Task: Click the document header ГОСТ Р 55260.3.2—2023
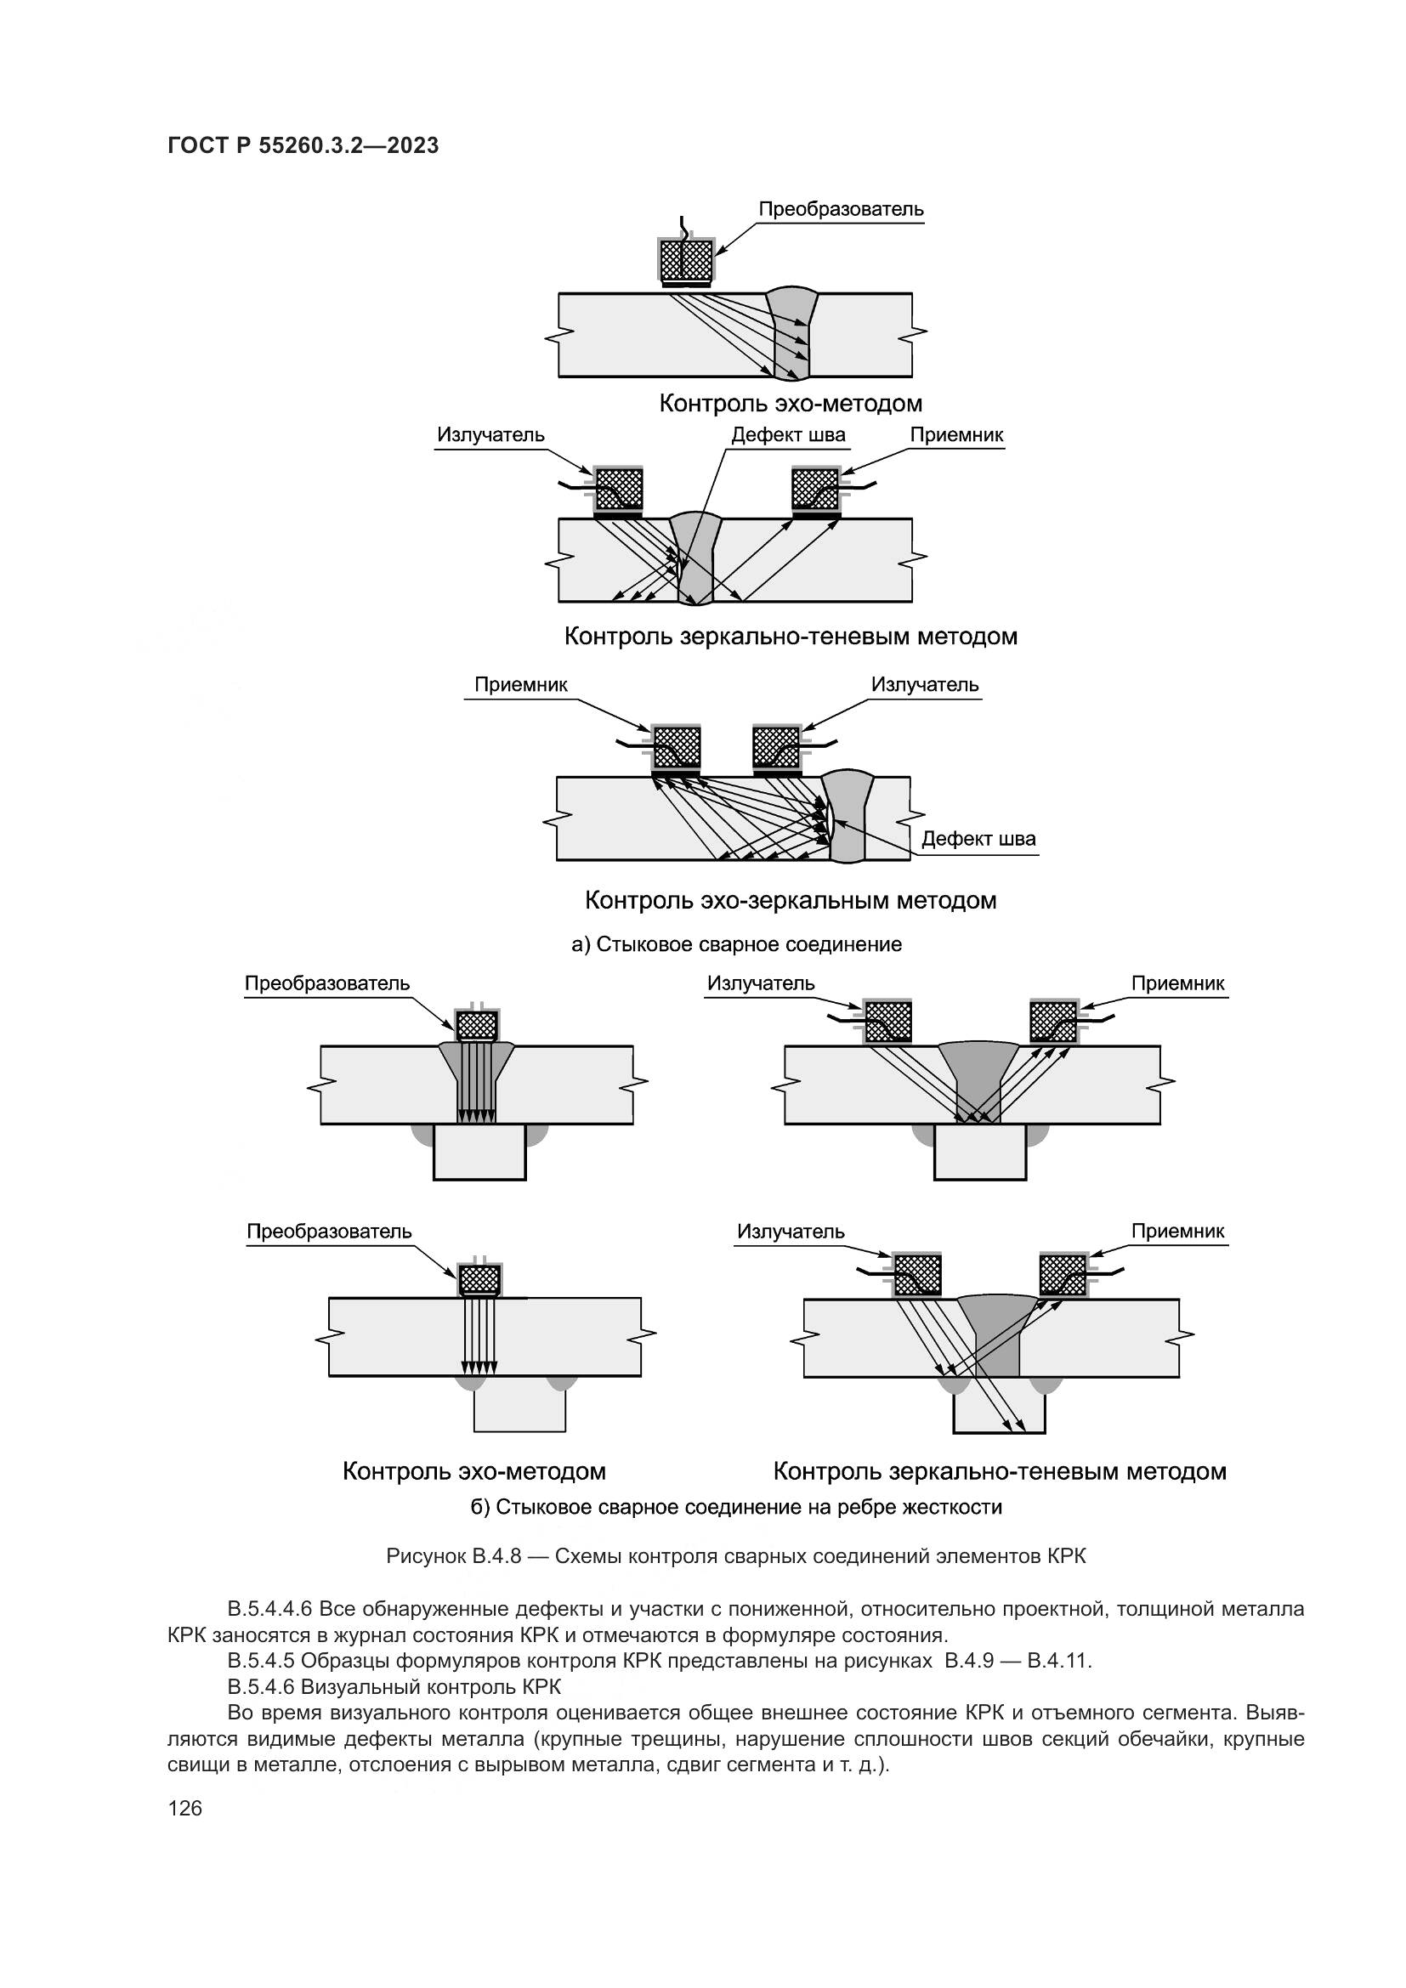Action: tap(303, 145)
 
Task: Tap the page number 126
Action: tap(184, 1808)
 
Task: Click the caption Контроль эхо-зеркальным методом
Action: tap(791, 900)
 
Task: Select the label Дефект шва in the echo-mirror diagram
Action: tap(978, 838)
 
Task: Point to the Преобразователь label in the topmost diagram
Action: tap(841, 210)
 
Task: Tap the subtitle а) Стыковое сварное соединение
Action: tap(736, 944)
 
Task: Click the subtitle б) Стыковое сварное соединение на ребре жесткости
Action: tap(736, 1507)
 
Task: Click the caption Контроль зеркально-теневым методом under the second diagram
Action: tap(791, 637)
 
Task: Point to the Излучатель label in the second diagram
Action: tap(490, 434)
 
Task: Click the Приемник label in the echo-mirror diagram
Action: tap(520, 685)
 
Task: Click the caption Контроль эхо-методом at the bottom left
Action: tap(473, 1471)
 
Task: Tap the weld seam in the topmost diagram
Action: tap(791, 333)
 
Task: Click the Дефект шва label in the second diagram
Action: tap(788, 434)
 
